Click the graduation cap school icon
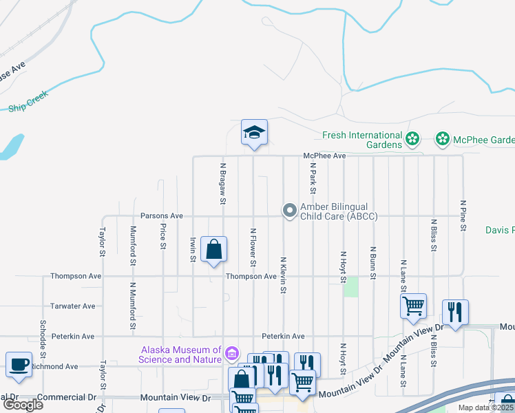[x=254, y=131]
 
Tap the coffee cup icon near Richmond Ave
[x=19, y=364]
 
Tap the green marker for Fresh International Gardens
[x=412, y=140]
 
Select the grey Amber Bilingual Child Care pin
[x=290, y=209]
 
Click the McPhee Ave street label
[x=324, y=156]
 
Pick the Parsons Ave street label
[x=162, y=215]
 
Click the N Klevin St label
[x=283, y=275]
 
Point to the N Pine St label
[x=463, y=216]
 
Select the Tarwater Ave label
[x=73, y=306]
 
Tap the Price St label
[x=163, y=236]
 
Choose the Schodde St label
[x=43, y=336]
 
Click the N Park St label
[x=313, y=178]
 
